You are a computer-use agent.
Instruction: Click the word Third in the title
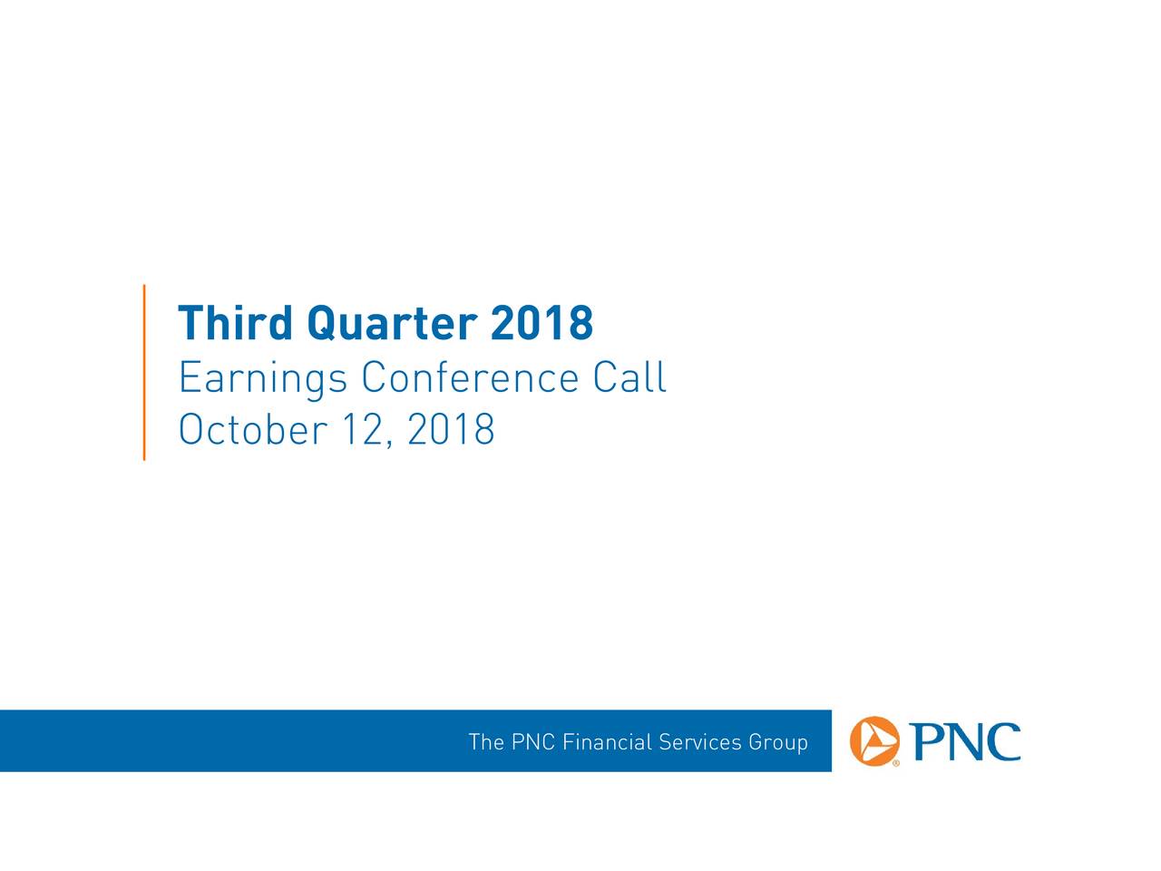coord(235,323)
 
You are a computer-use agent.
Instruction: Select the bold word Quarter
coord(392,324)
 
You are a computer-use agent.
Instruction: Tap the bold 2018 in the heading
coord(541,323)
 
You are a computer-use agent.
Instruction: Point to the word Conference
coord(470,377)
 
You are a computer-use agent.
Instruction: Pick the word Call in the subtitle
coord(629,377)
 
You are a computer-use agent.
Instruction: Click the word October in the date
coord(253,428)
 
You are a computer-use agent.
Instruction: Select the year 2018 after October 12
coord(451,429)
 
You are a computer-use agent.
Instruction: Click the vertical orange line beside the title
coord(144,372)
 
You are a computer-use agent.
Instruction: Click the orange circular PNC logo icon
coord(874,741)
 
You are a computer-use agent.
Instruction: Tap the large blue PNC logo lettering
coord(965,741)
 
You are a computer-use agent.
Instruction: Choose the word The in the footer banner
coord(486,742)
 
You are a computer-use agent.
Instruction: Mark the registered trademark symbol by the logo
coord(896,763)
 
